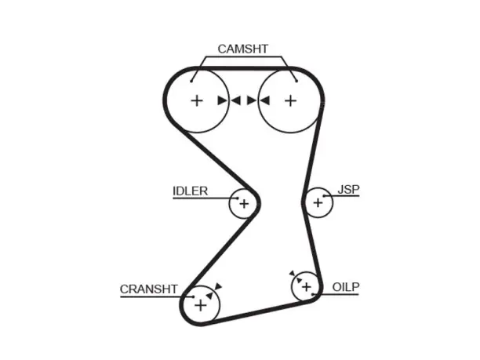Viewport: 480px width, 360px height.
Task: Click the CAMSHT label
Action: (x=243, y=49)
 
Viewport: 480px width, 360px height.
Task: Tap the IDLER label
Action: (x=190, y=191)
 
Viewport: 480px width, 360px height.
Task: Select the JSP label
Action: (x=348, y=190)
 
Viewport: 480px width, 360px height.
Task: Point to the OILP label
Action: (x=346, y=287)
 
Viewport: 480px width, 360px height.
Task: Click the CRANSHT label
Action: (x=149, y=289)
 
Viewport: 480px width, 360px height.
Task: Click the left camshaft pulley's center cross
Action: (x=197, y=100)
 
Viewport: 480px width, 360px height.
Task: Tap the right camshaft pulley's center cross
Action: (x=290, y=100)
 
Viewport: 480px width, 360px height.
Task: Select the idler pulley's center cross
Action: (x=244, y=204)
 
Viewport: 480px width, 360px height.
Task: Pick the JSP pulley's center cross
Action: (x=318, y=202)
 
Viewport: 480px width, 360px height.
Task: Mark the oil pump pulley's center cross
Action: (x=307, y=287)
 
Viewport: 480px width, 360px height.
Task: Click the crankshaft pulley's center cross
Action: (x=201, y=306)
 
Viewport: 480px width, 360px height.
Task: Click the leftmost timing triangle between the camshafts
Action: (x=222, y=100)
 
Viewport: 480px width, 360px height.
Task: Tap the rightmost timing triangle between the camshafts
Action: (x=265, y=100)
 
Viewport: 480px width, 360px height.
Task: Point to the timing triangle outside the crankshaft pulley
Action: (x=218, y=286)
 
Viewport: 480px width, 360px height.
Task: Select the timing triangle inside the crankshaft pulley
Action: (x=209, y=296)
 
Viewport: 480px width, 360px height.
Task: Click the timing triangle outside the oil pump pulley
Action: (x=293, y=273)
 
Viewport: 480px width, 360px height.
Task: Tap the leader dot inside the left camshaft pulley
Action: (x=191, y=81)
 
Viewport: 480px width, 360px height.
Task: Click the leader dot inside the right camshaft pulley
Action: (x=296, y=81)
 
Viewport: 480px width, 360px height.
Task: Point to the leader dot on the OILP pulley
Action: (x=313, y=294)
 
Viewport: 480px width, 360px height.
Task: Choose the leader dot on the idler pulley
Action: (x=238, y=198)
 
